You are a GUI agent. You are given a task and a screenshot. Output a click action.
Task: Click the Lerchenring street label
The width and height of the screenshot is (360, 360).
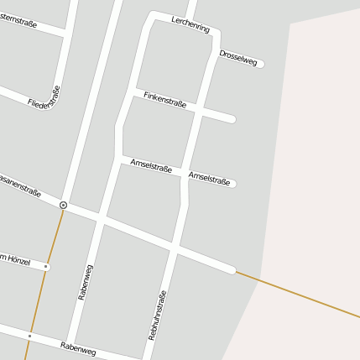190,24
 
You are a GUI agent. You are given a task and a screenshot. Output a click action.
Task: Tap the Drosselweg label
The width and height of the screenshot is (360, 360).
238,57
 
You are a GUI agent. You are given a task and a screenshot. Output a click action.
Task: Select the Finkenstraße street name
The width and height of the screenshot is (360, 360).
164,100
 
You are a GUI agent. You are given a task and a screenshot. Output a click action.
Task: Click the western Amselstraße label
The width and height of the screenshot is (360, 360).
151,165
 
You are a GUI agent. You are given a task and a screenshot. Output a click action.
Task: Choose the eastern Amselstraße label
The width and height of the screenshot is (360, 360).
209,178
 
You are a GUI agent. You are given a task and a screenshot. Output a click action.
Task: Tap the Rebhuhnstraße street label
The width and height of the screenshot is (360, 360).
158,315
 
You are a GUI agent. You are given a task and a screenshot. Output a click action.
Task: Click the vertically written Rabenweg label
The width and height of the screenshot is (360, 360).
85,282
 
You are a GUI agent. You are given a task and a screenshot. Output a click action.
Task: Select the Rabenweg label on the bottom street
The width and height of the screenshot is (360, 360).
78,347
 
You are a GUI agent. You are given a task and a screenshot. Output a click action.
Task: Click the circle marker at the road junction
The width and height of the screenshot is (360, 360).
63,205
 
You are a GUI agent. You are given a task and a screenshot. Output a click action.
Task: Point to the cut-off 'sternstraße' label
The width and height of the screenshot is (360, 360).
18,23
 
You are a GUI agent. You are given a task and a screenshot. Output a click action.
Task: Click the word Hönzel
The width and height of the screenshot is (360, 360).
18,262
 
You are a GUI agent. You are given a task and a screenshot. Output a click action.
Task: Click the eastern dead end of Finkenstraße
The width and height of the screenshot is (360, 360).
231,119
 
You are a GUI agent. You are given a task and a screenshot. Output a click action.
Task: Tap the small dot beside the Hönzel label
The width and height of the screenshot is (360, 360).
45,267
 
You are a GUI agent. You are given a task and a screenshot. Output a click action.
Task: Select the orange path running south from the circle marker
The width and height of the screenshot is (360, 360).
47,269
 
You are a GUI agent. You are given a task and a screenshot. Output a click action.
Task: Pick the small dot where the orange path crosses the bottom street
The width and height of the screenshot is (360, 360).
29,336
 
